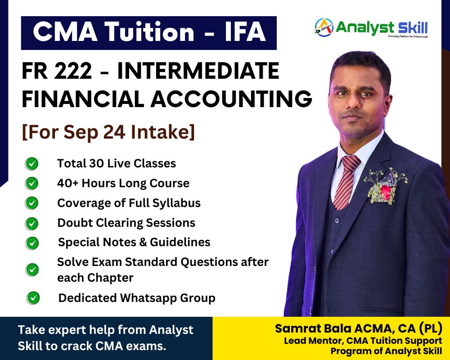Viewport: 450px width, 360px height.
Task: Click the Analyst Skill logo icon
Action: coord(324,27)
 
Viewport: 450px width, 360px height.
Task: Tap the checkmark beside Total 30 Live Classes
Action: coord(31,164)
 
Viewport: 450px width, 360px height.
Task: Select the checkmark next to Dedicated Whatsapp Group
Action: coord(33,298)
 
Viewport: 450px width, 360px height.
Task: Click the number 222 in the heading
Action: coord(73,71)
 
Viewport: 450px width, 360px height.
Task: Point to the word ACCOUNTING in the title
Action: coord(231,99)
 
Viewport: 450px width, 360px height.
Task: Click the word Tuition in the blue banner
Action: coord(149,31)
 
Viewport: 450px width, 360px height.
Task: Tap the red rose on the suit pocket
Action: coord(386,190)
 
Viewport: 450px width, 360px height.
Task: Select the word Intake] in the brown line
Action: coord(163,132)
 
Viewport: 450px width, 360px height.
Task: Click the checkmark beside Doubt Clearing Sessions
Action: coord(31,223)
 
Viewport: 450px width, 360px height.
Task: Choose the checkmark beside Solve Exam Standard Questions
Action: coord(32,270)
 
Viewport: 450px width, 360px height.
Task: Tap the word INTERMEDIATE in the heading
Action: coord(198,71)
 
